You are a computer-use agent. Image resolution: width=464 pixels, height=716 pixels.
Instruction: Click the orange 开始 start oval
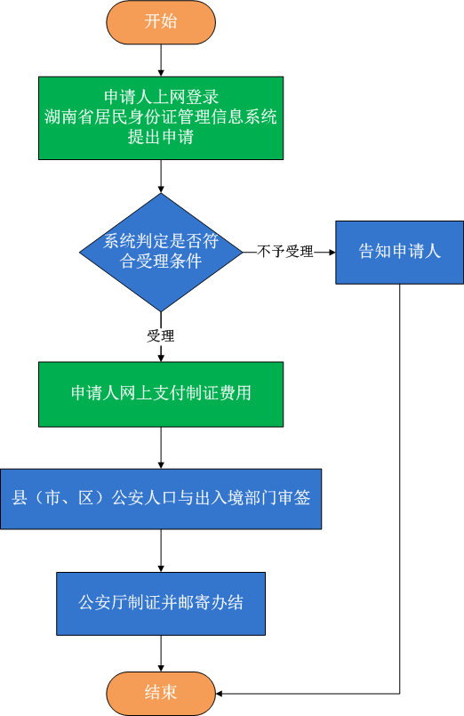click(161, 22)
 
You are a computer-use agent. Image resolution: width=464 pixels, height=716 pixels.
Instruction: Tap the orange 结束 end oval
click(161, 693)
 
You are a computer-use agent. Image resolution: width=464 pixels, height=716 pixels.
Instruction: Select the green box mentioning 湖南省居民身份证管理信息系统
click(161, 117)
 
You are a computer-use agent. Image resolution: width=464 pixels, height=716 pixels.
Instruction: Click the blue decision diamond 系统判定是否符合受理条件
click(161, 252)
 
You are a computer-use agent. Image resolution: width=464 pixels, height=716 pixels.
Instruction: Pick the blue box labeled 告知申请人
click(400, 252)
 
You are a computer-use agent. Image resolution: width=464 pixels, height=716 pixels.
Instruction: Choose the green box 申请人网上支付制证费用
click(161, 394)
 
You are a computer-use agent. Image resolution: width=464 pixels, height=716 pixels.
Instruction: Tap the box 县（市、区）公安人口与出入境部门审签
click(161, 499)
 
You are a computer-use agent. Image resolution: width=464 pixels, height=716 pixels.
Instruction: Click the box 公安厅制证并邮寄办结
click(161, 603)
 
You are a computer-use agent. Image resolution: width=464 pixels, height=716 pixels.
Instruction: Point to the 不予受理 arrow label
click(285, 251)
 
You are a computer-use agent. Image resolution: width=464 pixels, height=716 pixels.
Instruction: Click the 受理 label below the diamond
click(161, 336)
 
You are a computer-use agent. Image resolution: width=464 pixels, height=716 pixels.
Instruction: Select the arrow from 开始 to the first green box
click(161, 60)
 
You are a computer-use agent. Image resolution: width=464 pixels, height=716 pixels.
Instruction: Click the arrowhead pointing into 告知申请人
click(332, 252)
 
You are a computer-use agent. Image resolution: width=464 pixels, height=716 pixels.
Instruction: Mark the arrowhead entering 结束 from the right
click(219, 694)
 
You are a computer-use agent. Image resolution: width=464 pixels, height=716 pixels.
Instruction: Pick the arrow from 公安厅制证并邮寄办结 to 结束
click(161, 654)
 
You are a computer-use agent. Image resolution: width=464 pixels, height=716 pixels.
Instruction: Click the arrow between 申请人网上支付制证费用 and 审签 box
click(161, 447)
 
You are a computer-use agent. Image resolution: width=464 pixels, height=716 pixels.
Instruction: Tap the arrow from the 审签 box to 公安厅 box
click(161, 551)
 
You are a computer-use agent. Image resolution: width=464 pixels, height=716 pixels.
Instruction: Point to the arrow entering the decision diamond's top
click(161, 176)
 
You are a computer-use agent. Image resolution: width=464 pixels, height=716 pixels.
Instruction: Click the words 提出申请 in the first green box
click(161, 137)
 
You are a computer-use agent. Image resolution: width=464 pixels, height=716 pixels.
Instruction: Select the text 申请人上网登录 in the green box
click(161, 97)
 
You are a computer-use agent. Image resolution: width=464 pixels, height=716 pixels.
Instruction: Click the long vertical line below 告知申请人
click(400, 488)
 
